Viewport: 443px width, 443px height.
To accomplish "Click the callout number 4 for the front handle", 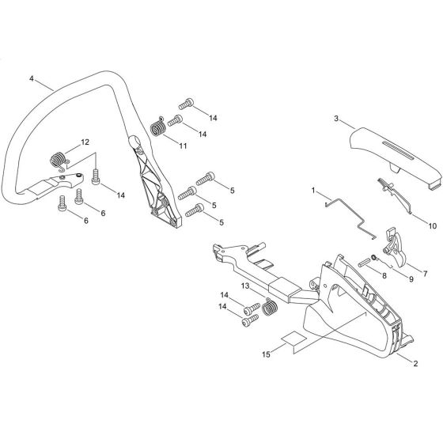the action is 32,78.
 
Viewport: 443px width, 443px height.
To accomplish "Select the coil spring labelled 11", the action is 157,127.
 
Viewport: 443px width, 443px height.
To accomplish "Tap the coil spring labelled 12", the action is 59,161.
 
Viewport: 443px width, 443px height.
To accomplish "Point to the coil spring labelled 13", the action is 270,306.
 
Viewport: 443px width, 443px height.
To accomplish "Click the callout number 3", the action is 336,119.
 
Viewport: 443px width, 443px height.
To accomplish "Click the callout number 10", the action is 433,225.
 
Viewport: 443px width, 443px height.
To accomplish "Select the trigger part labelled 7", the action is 394,246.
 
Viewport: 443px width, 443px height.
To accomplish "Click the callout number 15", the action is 266,354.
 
